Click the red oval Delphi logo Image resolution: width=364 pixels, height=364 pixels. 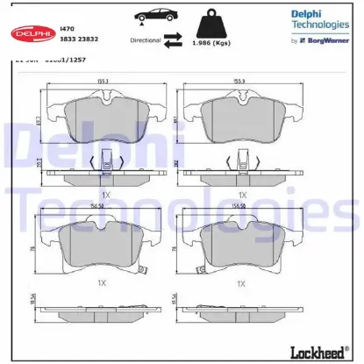32,33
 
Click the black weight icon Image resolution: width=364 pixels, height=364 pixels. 215,23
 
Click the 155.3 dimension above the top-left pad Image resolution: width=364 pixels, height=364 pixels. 103,82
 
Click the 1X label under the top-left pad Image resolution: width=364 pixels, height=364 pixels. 103,193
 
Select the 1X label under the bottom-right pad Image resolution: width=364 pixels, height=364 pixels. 241,283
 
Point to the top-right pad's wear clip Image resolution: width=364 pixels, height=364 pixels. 241,161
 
